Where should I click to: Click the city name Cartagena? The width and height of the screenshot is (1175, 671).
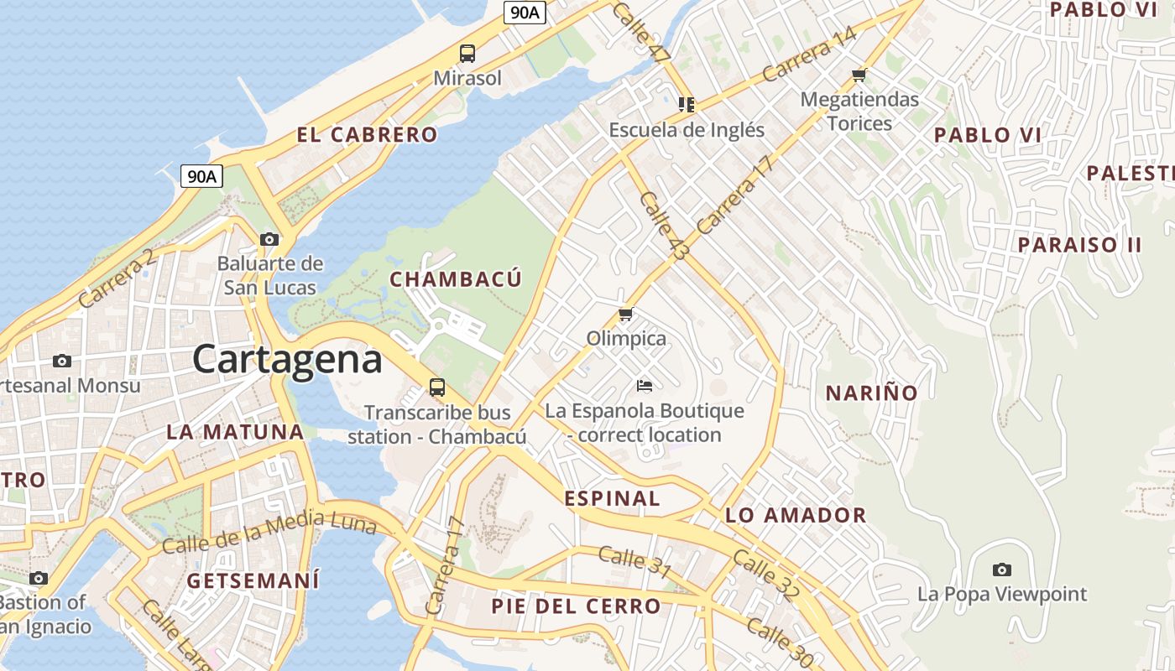click(x=287, y=360)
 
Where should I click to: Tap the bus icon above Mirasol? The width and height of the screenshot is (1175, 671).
click(x=467, y=54)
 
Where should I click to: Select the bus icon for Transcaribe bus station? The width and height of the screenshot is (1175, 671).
click(x=437, y=388)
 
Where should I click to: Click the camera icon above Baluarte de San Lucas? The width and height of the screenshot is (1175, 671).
click(x=269, y=239)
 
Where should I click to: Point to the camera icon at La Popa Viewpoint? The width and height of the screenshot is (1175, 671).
click(x=1001, y=570)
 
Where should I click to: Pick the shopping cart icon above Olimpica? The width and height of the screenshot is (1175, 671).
click(x=625, y=315)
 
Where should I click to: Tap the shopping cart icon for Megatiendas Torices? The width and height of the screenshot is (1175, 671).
click(x=859, y=75)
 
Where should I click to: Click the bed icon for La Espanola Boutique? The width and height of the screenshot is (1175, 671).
click(x=645, y=386)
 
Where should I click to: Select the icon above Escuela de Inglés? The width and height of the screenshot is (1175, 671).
click(x=687, y=105)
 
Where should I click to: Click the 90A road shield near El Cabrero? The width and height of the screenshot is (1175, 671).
click(x=202, y=176)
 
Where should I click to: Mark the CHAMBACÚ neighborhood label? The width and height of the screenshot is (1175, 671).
click(x=456, y=279)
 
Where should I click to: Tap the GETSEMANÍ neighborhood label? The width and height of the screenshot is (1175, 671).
click(x=253, y=580)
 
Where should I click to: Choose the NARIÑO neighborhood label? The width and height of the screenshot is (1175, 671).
click(x=872, y=393)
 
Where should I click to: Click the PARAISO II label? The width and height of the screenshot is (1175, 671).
click(x=1080, y=245)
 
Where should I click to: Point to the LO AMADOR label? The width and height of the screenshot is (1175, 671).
click(x=796, y=515)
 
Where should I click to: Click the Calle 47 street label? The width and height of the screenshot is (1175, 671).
click(x=642, y=32)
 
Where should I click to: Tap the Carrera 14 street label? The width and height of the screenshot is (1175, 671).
click(x=809, y=55)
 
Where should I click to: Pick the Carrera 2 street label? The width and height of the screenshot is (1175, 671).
click(x=117, y=278)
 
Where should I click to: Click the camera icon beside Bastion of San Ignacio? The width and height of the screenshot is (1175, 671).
click(x=38, y=578)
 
